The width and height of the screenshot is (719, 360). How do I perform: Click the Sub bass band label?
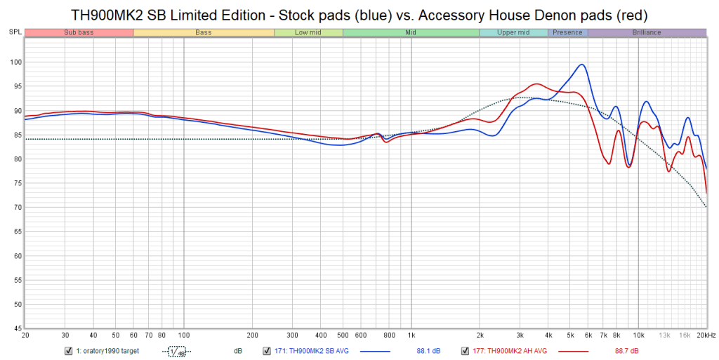point(78,32)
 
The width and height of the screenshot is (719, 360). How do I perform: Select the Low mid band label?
point(308,32)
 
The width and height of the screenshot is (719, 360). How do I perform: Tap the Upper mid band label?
point(513,32)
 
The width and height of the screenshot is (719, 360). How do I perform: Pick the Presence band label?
point(567,32)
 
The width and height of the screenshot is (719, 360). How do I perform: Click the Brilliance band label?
point(646,32)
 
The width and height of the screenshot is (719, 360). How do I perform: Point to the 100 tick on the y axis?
point(14,62)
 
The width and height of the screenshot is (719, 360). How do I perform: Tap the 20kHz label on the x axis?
point(705,335)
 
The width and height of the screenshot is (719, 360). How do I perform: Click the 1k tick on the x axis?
point(411,335)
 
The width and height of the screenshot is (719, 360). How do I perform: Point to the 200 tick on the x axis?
point(252,335)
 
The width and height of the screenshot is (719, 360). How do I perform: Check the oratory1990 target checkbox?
point(68,351)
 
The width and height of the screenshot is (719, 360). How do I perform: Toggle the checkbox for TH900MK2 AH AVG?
point(464,351)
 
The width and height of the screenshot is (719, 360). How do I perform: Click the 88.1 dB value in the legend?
point(428,351)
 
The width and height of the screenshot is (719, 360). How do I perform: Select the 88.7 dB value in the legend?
point(626,351)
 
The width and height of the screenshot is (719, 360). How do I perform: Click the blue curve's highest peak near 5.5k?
point(582,65)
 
